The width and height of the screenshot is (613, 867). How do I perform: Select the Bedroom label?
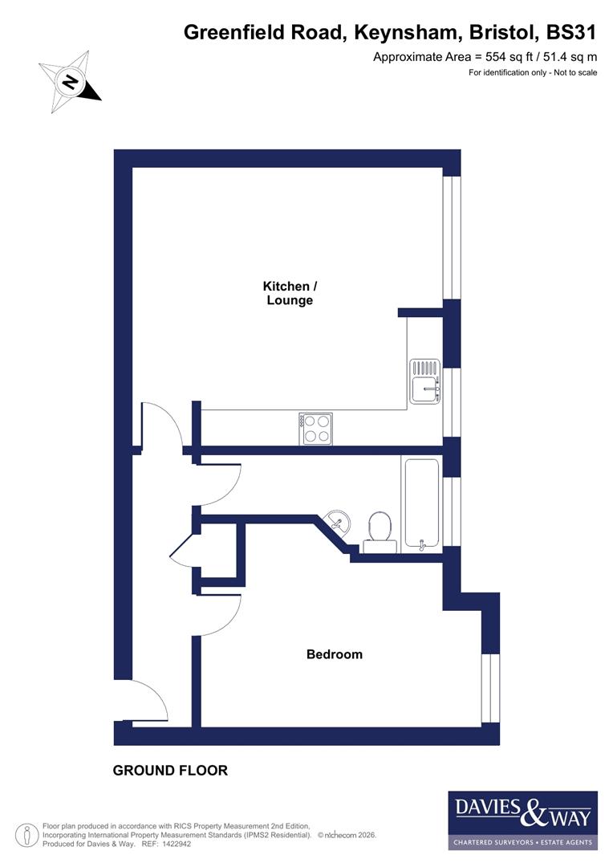(335, 654)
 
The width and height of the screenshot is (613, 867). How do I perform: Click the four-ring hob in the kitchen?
(315, 428)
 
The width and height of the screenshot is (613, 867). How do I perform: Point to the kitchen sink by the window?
(424, 381)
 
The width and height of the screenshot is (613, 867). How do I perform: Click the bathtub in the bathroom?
(421, 504)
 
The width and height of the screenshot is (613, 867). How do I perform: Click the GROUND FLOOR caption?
(170, 771)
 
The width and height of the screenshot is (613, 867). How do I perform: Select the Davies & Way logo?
(522, 820)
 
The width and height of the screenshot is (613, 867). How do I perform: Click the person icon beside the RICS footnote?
(26, 835)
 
